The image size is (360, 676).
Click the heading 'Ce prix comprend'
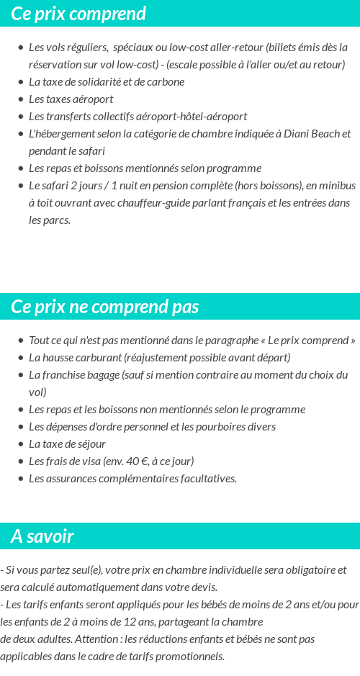(78, 14)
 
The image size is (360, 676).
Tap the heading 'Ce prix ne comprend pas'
(105, 307)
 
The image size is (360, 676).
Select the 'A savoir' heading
(42, 536)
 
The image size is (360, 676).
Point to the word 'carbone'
(166, 82)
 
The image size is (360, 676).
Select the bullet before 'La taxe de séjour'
(21, 444)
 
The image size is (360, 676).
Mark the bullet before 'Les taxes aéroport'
(21, 99)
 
